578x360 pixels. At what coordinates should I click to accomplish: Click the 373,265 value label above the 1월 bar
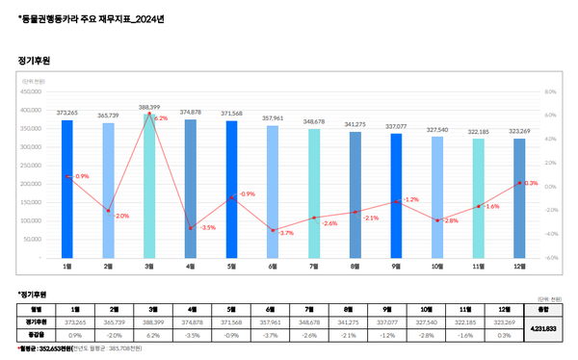(66, 113)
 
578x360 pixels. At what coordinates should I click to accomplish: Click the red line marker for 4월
(191, 228)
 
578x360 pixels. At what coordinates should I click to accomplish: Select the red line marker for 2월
(108, 211)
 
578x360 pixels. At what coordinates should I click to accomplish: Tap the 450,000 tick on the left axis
(28, 92)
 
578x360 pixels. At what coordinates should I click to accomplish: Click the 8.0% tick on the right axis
(551, 92)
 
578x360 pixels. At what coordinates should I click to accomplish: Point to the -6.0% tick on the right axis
(551, 258)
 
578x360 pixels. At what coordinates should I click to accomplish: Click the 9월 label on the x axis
(396, 266)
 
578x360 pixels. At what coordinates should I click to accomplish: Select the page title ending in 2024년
(84, 17)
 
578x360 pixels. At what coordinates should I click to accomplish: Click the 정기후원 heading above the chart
(35, 60)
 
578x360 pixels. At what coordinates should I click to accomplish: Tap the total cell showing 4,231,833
(542, 327)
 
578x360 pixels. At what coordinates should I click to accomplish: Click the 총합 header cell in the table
(542, 309)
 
